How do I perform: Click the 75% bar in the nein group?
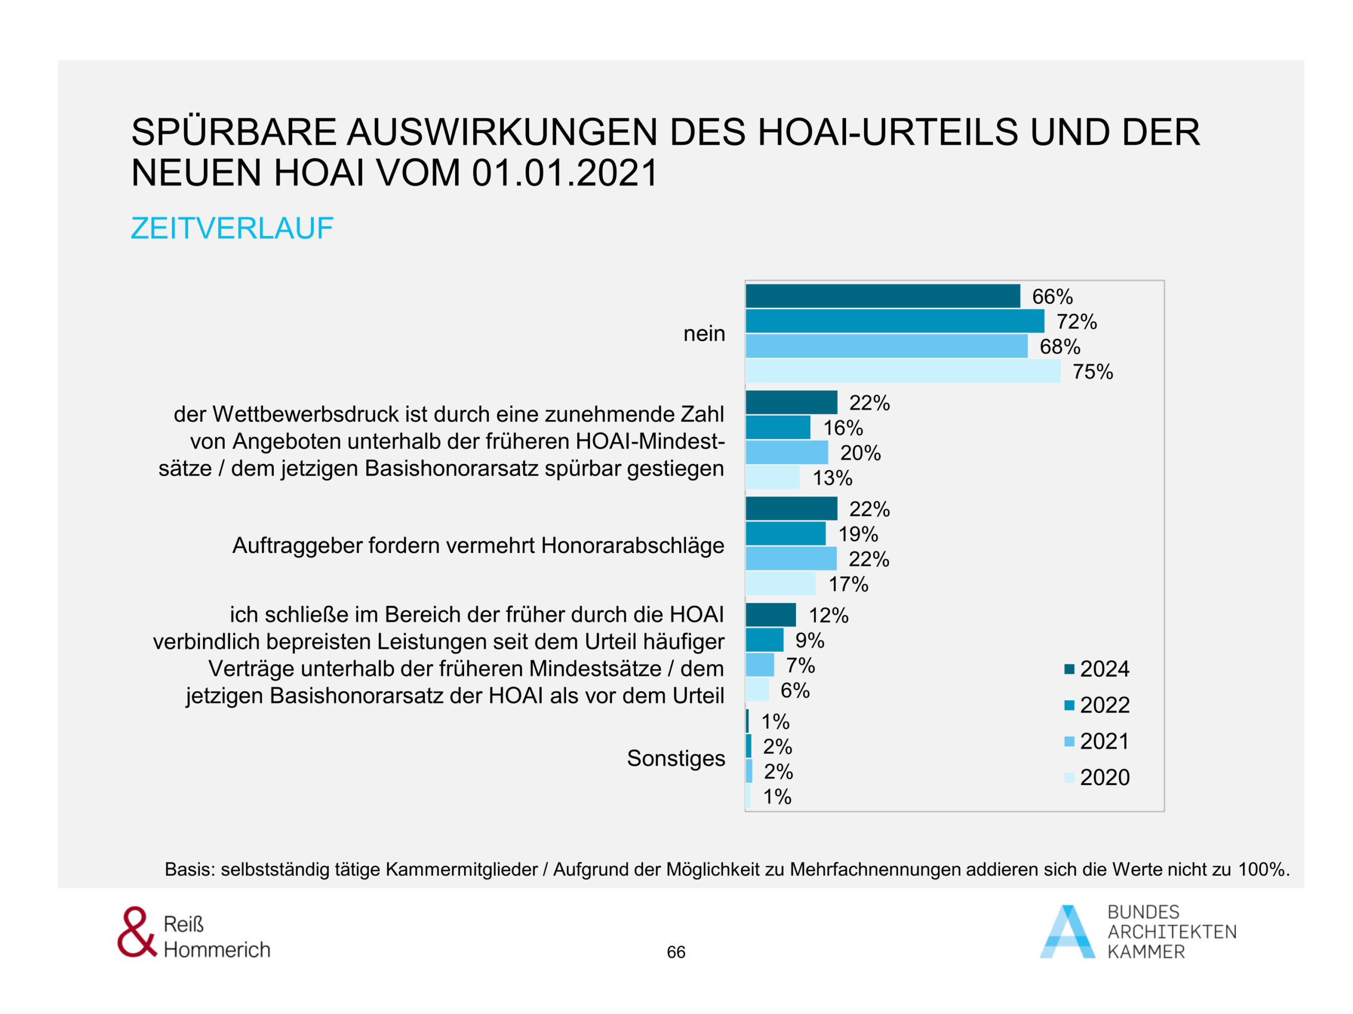click(x=903, y=371)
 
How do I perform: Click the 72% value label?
click(x=1077, y=322)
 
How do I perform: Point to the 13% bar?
click(x=773, y=477)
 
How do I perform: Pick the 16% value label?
click(x=843, y=428)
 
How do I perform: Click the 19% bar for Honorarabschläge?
click(x=785, y=533)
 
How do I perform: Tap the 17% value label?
click(x=848, y=584)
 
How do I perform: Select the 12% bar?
click(x=771, y=615)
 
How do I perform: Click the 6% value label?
click(x=795, y=691)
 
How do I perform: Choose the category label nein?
click(x=704, y=334)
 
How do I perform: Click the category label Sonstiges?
click(x=676, y=758)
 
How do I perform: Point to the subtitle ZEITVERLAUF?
click(x=233, y=229)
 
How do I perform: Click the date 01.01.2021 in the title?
click(x=564, y=173)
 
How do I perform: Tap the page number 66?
click(x=676, y=952)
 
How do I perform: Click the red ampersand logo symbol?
click(x=136, y=932)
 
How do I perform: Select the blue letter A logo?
click(x=1068, y=932)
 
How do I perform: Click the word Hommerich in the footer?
click(x=217, y=950)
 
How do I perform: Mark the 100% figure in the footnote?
click(x=1263, y=870)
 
